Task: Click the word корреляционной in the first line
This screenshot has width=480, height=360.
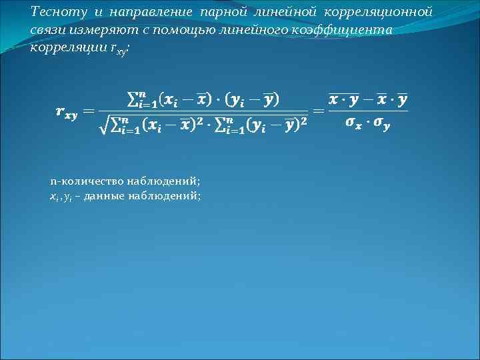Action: (x=376, y=13)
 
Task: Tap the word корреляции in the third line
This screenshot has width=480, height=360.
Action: (x=64, y=50)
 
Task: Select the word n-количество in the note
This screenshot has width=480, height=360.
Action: (x=81, y=181)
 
